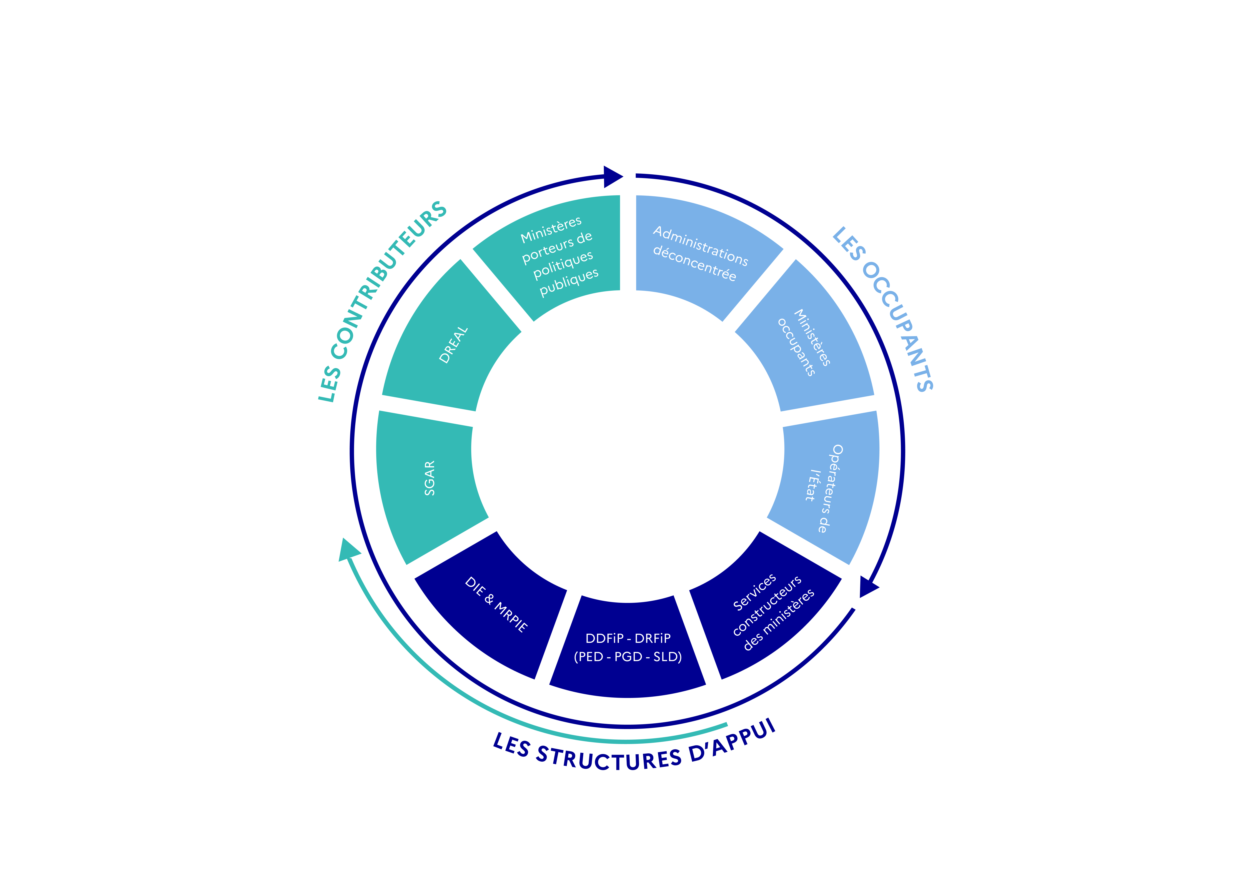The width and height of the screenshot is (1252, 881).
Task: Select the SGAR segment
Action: [428, 480]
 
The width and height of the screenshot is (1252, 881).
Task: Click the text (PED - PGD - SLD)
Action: [628, 657]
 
